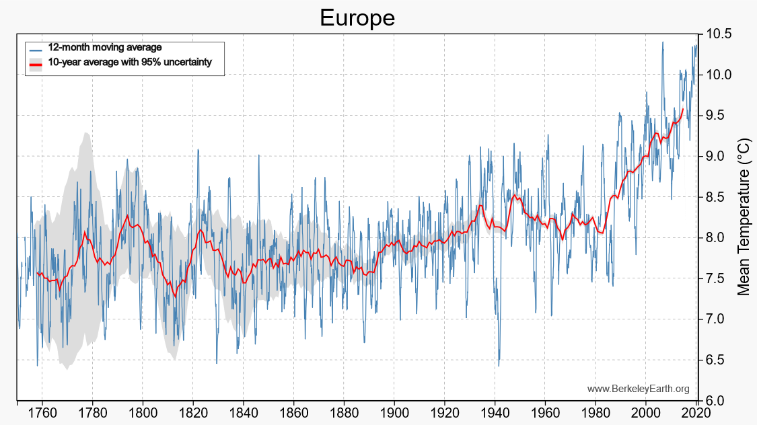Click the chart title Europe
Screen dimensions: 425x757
[357, 18]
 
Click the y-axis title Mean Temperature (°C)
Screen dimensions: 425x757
[743, 217]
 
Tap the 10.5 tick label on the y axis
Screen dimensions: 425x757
[719, 34]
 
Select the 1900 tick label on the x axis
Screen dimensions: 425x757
[394, 414]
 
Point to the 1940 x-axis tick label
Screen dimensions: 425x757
[495, 414]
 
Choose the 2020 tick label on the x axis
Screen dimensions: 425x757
[696, 414]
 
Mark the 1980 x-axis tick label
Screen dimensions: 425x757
[596, 414]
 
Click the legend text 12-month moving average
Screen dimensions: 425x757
[105, 48]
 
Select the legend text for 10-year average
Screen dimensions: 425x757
[130, 63]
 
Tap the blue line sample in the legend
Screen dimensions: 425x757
[36, 48]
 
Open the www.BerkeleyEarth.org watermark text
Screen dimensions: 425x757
[638, 389]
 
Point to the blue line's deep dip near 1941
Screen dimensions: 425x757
[499, 365]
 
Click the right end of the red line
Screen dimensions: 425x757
[684, 109]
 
